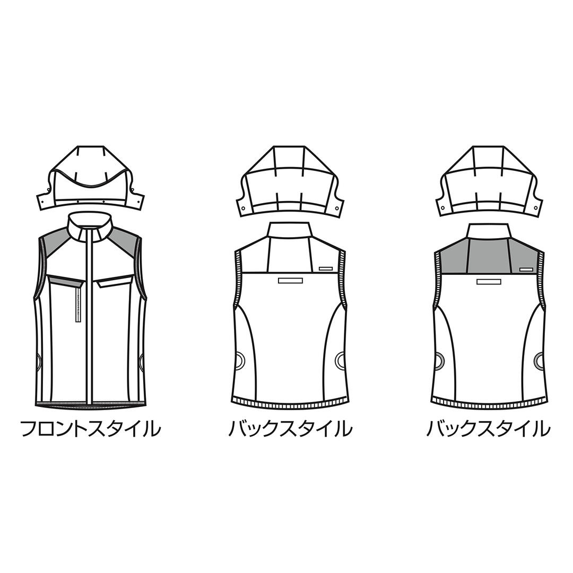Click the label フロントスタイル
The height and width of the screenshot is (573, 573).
(x=91, y=429)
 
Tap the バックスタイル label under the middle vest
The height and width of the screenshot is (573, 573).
(x=291, y=429)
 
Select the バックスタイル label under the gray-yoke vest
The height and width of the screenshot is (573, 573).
(x=489, y=429)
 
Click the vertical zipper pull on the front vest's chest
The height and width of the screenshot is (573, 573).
(x=77, y=304)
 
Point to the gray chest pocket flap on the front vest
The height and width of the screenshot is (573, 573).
(x=65, y=281)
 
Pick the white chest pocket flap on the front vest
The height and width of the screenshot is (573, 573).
(x=115, y=281)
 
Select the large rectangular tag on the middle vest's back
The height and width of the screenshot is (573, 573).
(x=291, y=281)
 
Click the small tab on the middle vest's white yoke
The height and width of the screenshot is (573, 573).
(x=326, y=268)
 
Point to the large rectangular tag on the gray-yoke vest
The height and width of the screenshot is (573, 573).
(x=489, y=281)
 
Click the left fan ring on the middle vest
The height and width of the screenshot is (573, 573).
(x=240, y=360)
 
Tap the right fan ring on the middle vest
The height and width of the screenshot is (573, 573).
(x=341, y=360)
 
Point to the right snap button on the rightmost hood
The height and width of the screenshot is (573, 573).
(x=536, y=208)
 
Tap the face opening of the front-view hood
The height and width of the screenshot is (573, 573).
(x=91, y=186)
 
